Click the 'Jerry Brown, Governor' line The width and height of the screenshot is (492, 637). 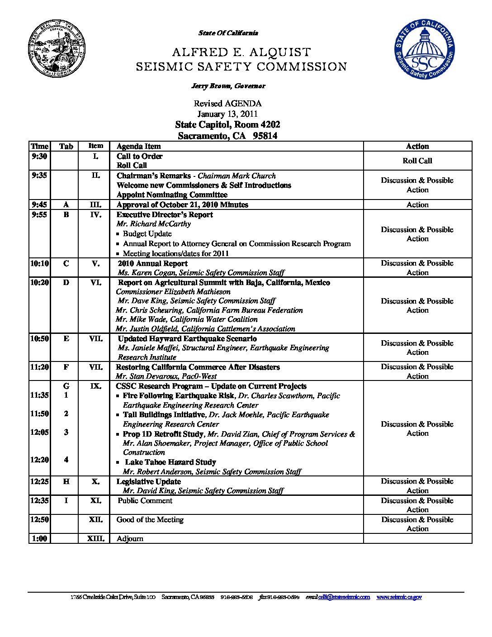click(228, 86)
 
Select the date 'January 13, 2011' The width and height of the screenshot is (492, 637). click(227, 114)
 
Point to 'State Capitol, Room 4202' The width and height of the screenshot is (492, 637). click(227, 125)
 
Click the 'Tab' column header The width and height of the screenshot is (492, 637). click(66, 146)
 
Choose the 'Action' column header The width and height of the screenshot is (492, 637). click(417, 146)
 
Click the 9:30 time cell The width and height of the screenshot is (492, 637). click(39, 156)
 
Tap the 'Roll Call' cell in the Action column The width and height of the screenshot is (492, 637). click(417, 161)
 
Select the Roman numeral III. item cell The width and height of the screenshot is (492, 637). click(95, 204)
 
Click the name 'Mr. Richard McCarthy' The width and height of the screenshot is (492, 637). click(153, 224)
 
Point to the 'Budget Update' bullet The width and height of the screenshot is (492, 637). click(147, 234)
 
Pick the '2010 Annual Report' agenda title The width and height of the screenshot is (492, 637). click(152, 263)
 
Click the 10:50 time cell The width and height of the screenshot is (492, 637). click(39, 338)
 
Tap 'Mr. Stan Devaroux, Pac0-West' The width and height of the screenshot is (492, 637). click(166, 376)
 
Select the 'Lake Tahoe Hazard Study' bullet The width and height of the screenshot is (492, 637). click(170, 462)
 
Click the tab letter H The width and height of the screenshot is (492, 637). click(66, 481)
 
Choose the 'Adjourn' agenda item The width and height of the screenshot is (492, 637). click(130, 538)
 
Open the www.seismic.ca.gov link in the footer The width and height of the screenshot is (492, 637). click(399, 597)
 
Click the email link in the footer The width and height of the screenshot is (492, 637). click(344, 597)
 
